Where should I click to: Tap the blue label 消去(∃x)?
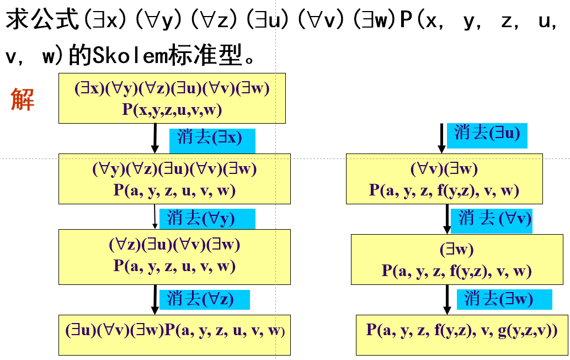[x=210, y=138]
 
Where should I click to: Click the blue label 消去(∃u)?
[x=487, y=134]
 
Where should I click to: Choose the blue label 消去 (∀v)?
[x=494, y=219]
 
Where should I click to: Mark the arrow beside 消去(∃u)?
[x=441, y=138]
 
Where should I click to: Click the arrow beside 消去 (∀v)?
[x=447, y=220]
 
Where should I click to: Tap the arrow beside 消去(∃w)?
[x=446, y=300]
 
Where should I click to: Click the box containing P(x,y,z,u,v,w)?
[x=172, y=98]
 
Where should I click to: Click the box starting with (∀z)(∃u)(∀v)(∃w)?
[x=174, y=256]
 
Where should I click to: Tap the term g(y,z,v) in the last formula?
[x=527, y=331]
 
